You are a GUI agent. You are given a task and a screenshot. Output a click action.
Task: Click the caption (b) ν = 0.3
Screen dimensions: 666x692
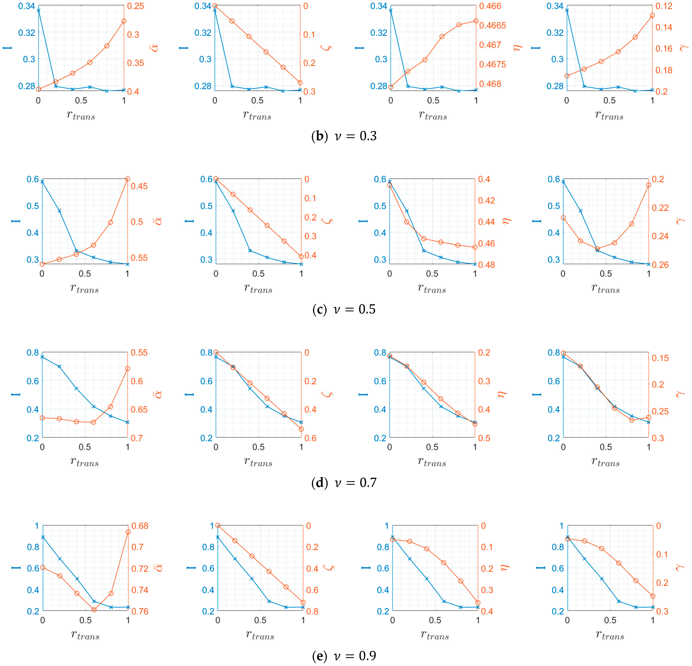tap(344, 136)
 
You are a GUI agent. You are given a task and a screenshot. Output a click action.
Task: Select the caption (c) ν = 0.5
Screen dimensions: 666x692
tap(344, 309)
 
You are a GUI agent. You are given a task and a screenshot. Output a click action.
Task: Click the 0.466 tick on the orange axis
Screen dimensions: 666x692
tap(490, 6)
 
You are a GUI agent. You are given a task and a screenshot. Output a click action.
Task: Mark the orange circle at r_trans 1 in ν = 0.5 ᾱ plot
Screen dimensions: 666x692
tap(127, 179)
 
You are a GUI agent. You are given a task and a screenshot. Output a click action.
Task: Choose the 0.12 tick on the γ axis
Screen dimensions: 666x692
tap(664, 6)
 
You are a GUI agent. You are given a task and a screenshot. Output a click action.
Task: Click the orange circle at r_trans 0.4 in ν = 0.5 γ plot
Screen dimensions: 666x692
tap(597, 249)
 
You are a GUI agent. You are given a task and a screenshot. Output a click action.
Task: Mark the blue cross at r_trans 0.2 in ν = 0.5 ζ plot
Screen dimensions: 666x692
tap(233, 211)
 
